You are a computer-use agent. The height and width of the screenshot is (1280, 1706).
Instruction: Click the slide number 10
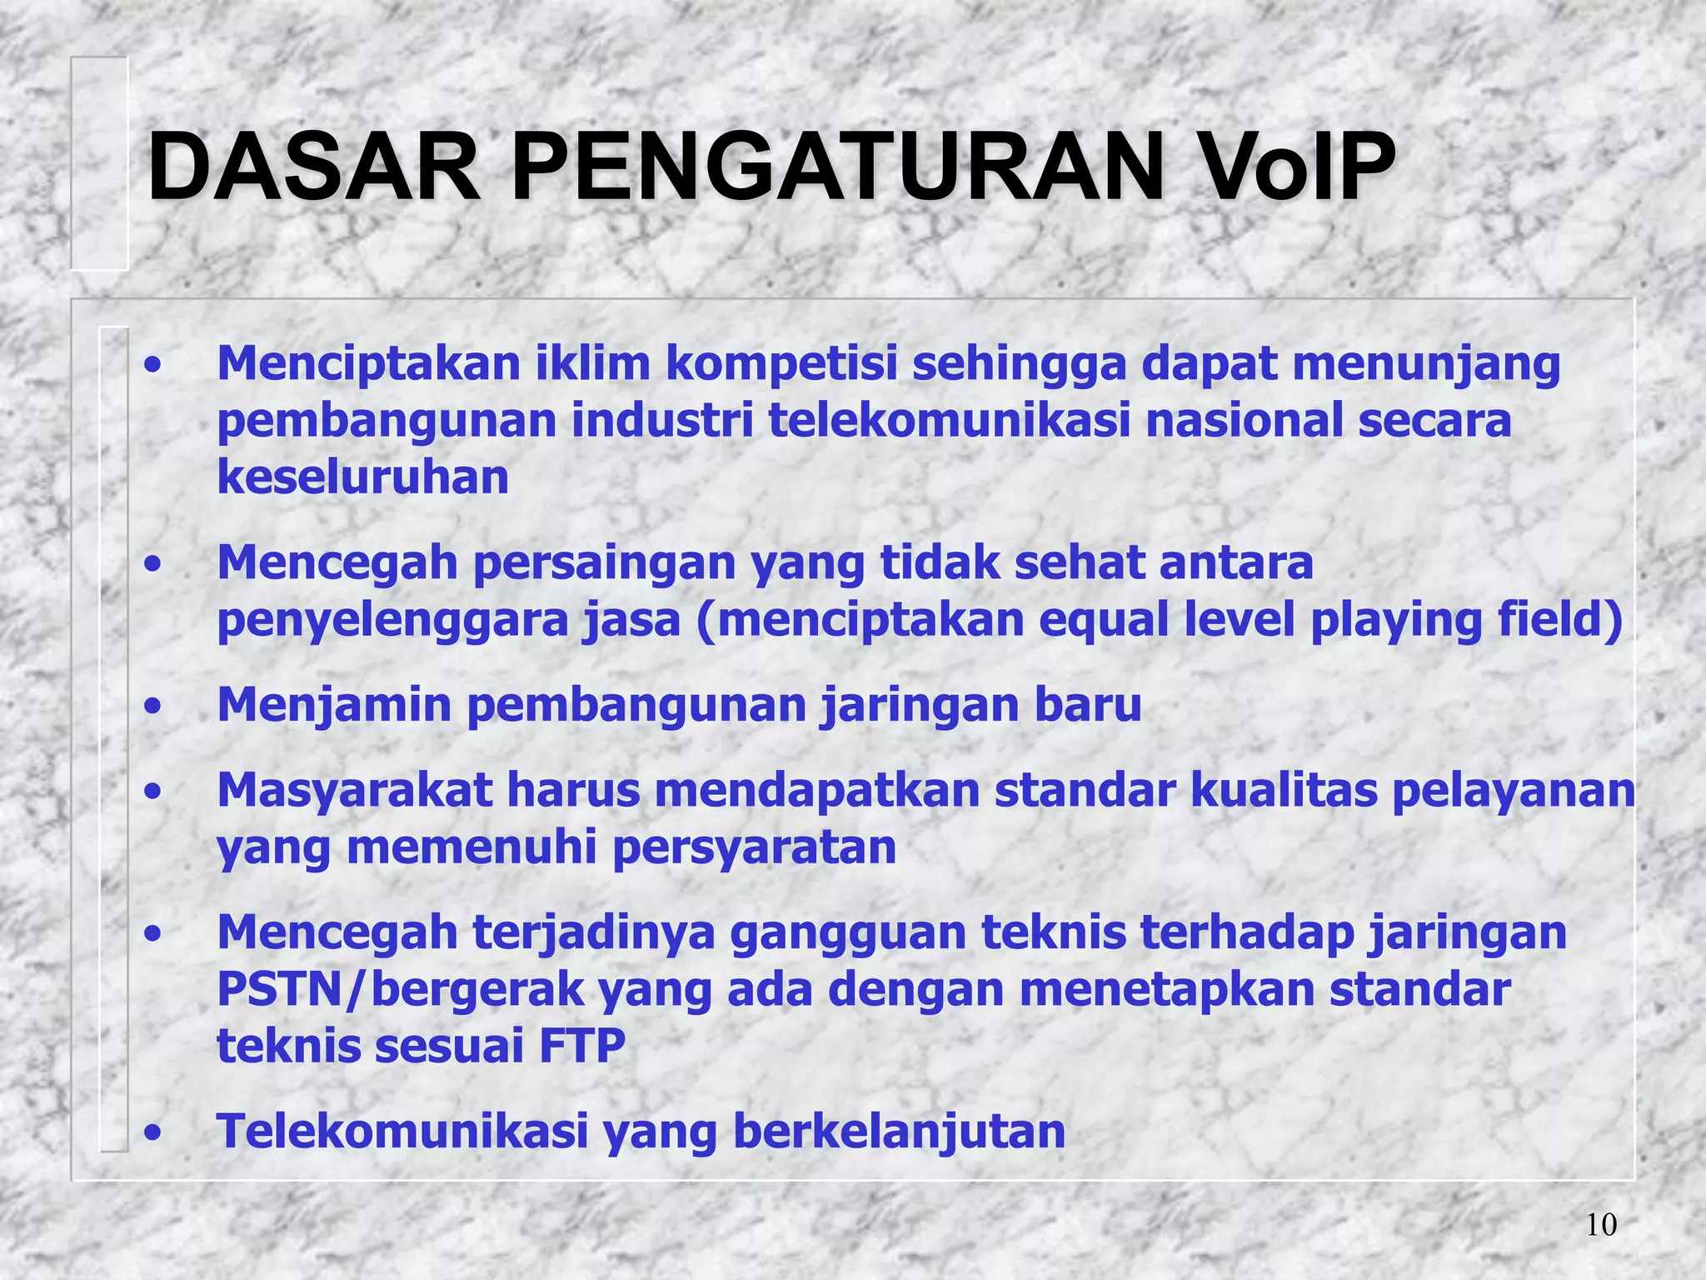tap(1601, 1225)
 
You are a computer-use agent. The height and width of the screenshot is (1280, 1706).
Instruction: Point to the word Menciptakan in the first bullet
tap(368, 364)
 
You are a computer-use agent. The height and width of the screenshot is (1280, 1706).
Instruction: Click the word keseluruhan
tap(362, 477)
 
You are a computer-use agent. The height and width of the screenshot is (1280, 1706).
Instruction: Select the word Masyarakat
tap(355, 790)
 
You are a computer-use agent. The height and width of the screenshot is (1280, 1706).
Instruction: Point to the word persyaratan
tap(754, 847)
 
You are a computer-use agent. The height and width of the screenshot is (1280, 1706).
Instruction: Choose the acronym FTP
tap(581, 1047)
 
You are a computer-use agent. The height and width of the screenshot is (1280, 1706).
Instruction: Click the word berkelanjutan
tap(899, 1132)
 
